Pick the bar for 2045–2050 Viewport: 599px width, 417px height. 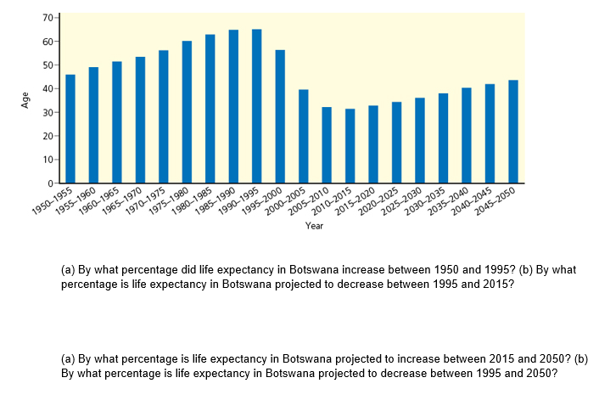(x=512, y=132)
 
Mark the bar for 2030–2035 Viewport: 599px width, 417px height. (x=443, y=138)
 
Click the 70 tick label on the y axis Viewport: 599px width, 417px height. (x=48, y=18)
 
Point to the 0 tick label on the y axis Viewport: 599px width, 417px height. (x=50, y=183)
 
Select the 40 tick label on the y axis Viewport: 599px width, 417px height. (x=48, y=88)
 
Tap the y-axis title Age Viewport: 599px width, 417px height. (x=25, y=100)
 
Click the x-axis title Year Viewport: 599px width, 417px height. (x=314, y=226)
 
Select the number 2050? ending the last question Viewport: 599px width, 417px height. (x=540, y=372)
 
